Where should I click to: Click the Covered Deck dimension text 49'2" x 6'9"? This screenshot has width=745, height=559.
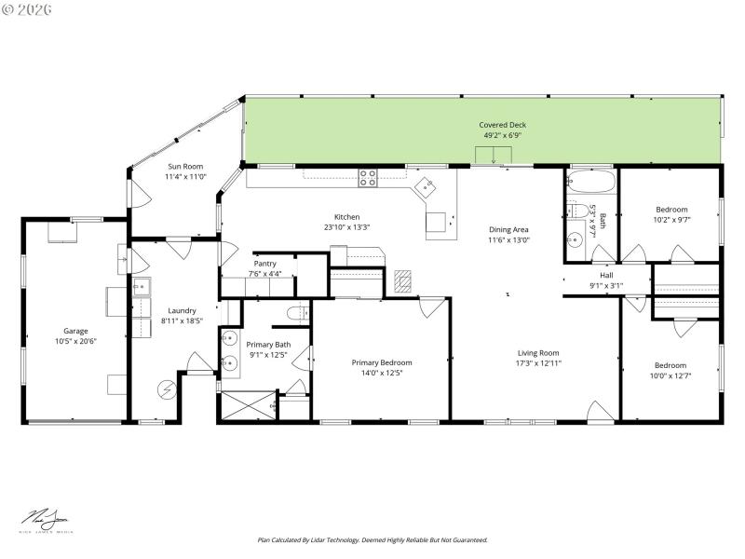coord(503,135)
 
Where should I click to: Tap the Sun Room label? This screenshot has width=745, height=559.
coord(184,167)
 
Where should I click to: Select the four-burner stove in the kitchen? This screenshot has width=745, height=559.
coord(368,177)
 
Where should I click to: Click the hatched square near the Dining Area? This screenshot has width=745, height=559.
coord(402,279)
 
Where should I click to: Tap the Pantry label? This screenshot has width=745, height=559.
coord(264,264)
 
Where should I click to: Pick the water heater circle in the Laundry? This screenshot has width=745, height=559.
coord(167,388)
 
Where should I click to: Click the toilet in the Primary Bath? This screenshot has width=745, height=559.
coord(296,313)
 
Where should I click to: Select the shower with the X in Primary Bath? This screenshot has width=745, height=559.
coord(247,406)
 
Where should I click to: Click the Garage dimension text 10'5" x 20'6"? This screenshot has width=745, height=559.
coord(74,341)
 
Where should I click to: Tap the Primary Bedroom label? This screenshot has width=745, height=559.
coord(381,362)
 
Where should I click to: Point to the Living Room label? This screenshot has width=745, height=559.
coord(538,353)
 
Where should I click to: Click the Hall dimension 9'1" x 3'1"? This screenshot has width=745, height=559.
coord(606,286)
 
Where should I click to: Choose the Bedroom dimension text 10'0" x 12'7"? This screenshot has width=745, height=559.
coord(670,375)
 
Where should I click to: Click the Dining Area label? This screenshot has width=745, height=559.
coord(508,229)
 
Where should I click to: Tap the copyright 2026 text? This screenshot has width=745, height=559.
coord(28,9)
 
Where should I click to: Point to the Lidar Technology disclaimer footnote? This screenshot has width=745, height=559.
coord(372,539)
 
